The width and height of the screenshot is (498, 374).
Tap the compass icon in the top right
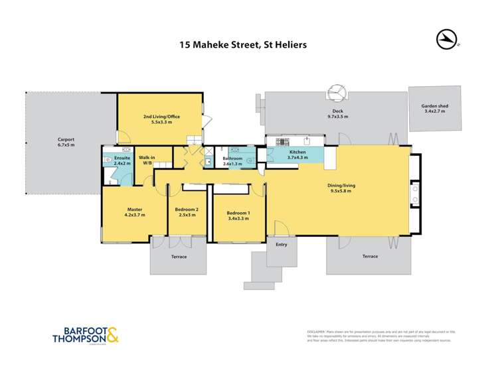(x=448, y=39)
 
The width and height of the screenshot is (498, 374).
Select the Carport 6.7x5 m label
(x=66, y=142)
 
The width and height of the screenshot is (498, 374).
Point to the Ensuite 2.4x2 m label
(x=122, y=161)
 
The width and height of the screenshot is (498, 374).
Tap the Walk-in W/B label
(x=147, y=160)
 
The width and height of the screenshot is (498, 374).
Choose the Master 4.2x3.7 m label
(x=135, y=212)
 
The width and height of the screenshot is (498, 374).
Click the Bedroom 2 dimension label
(x=186, y=212)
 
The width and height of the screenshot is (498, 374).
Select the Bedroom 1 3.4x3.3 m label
(x=238, y=212)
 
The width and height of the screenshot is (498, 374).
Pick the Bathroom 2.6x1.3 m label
(x=232, y=161)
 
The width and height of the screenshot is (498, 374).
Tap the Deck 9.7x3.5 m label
(x=337, y=113)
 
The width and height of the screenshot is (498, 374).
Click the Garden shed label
(x=434, y=109)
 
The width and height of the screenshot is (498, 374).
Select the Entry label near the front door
(x=282, y=245)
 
